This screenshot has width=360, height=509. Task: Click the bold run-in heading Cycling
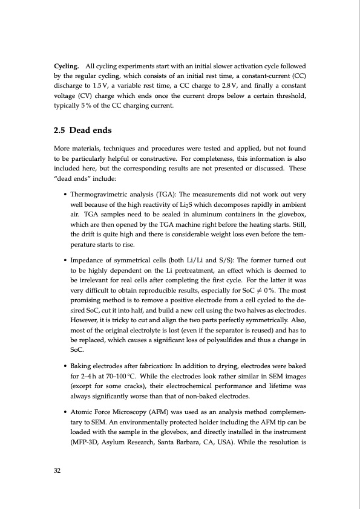point(67,65)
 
